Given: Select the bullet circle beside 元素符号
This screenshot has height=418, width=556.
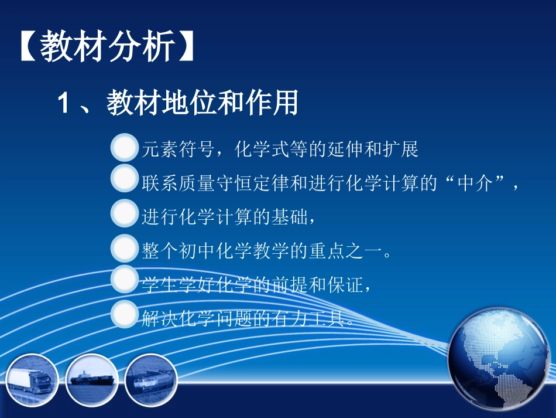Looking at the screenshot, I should [124, 149].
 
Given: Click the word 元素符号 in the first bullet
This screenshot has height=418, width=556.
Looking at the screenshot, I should [176, 150].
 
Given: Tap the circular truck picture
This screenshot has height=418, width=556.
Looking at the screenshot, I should [32, 380].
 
